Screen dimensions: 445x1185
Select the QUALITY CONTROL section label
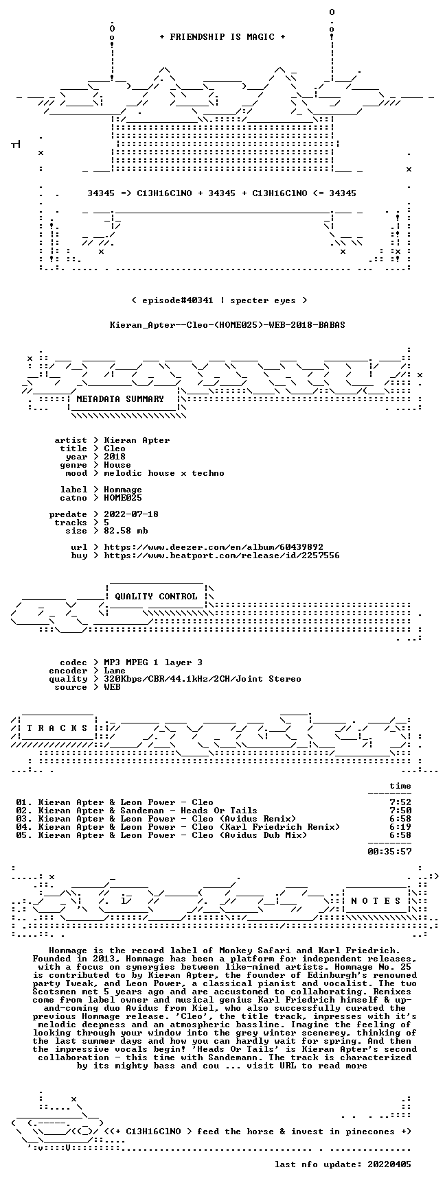(156, 597)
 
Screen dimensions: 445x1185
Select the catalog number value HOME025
(123, 498)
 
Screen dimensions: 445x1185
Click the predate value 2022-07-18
(131, 514)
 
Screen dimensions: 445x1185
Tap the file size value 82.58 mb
(126, 531)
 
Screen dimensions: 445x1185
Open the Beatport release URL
(222, 555)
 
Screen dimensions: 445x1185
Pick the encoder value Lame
(115, 671)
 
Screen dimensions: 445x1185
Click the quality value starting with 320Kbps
(203, 679)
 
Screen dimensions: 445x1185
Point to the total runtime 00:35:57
(389, 852)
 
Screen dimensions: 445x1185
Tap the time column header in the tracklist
(400, 786)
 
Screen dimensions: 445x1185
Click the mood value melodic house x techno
(164, 473)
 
